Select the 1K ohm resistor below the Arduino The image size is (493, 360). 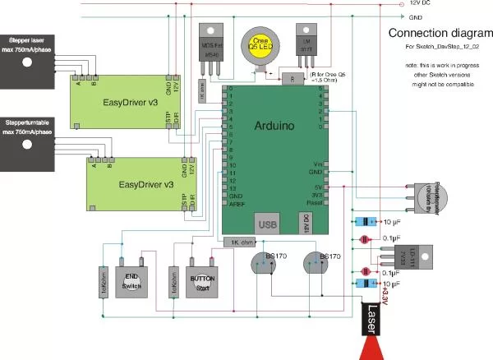click(240, 242)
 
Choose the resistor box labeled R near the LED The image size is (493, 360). click(293, 78)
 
